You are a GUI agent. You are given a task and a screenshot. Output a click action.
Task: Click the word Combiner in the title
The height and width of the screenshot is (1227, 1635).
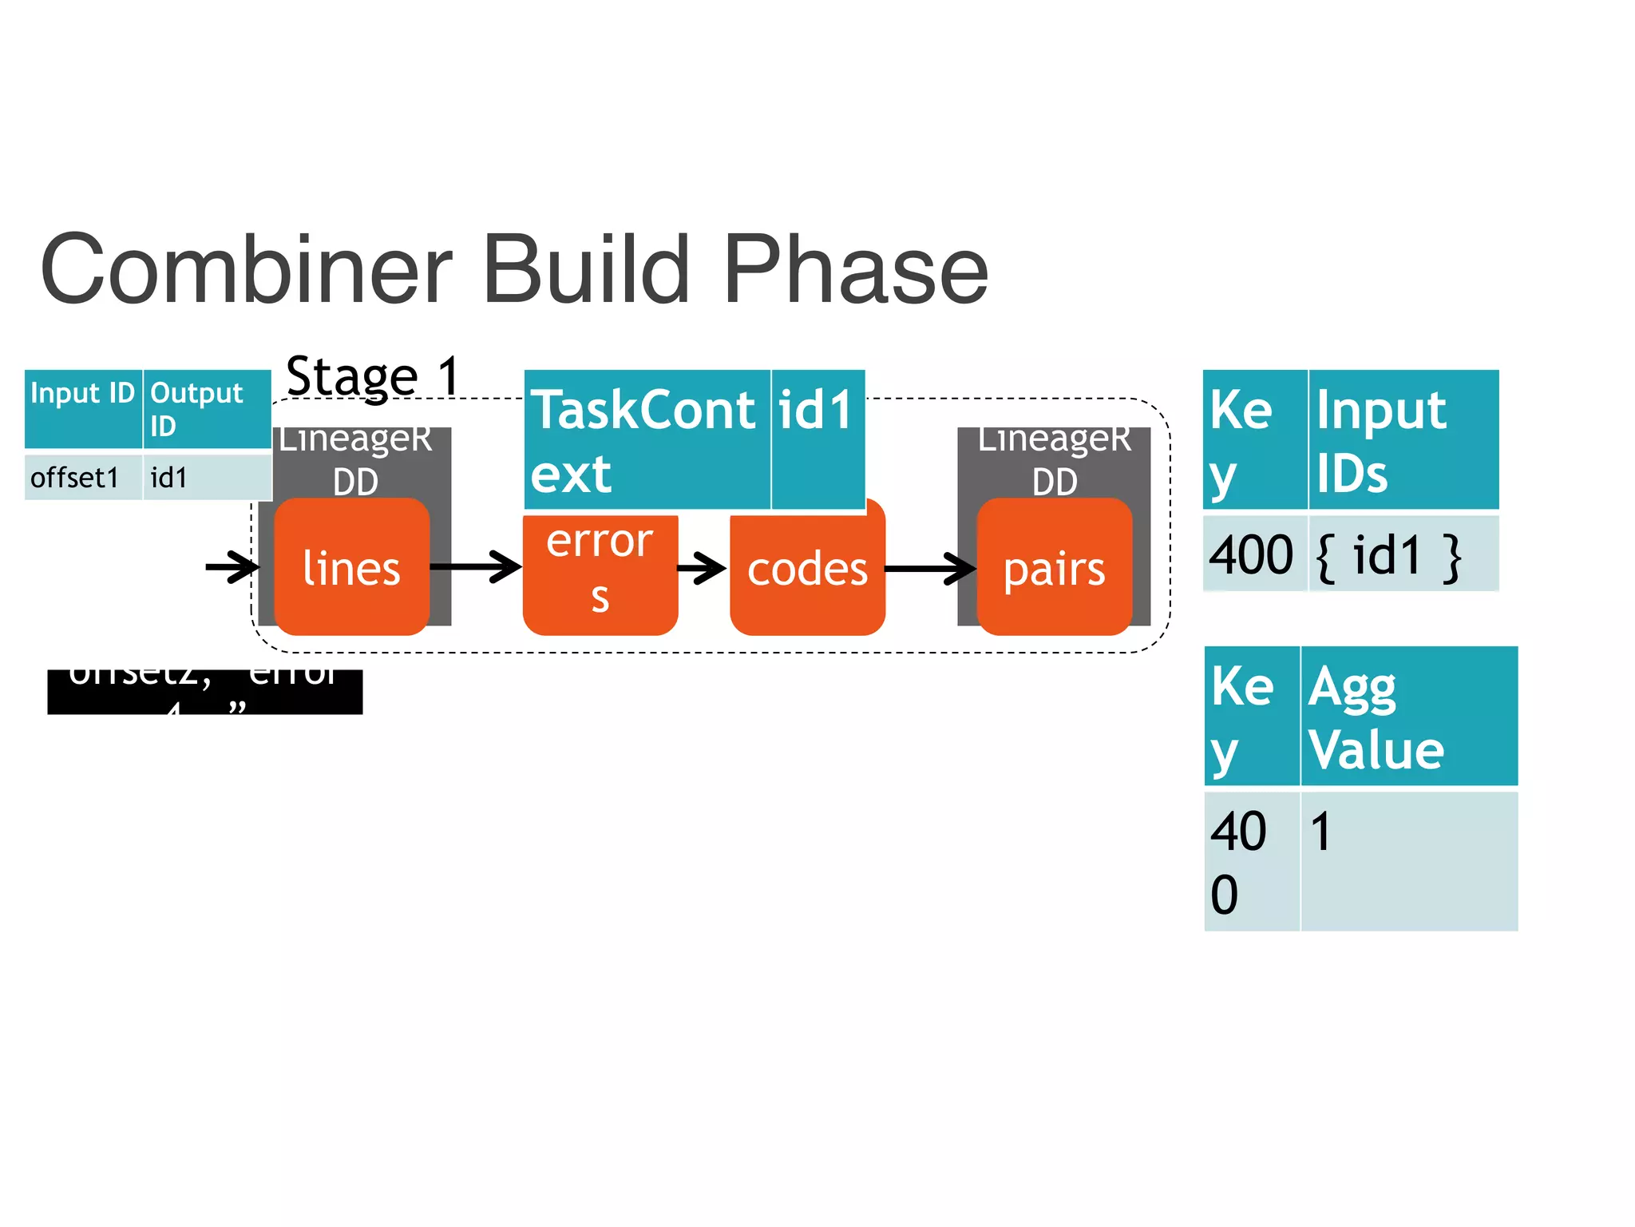246,270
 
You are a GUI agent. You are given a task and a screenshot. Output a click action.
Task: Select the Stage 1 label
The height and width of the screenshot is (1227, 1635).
373,375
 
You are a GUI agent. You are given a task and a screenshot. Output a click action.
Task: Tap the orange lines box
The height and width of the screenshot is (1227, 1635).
351,568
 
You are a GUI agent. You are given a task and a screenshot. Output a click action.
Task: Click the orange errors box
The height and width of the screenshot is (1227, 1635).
600,572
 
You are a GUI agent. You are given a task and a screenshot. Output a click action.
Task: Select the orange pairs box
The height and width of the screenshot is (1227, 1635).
1054,569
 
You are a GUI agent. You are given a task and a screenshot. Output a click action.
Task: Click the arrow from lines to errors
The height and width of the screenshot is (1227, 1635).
476,566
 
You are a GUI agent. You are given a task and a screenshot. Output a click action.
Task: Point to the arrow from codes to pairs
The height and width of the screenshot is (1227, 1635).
930,569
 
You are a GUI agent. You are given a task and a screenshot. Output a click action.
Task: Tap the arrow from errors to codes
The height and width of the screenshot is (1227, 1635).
702,569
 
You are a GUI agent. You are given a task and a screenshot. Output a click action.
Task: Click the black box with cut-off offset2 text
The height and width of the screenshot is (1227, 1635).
204,692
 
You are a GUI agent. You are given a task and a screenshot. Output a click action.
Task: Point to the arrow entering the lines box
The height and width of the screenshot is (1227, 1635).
232,567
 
